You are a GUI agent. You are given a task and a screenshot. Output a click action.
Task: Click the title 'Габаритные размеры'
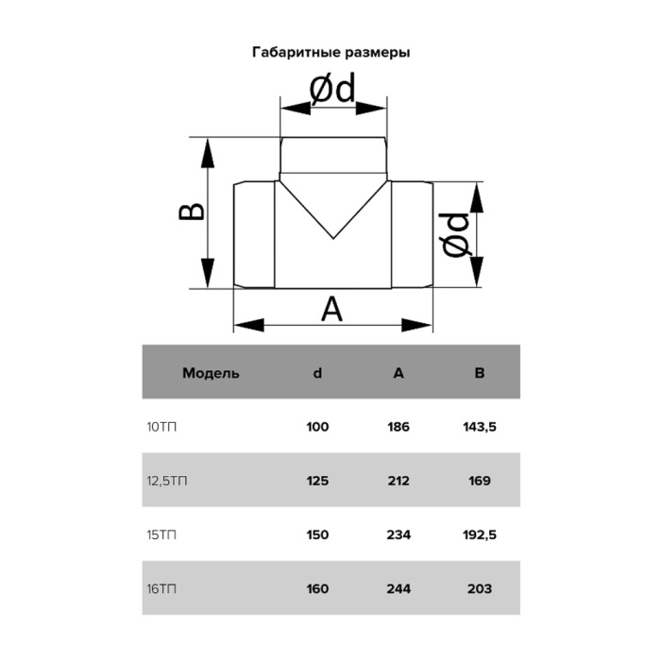coord(330,53)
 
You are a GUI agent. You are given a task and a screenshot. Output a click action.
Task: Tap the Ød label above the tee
coord(332,89)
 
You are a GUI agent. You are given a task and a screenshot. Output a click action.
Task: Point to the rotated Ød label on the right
coord(456,235)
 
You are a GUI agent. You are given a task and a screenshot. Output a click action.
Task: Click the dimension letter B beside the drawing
coord(192,212)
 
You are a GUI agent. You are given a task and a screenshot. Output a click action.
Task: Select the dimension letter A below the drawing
coord(332,309)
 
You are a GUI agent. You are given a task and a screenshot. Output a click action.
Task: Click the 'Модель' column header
coord(211,373)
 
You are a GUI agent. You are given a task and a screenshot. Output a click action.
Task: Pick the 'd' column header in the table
coord(317,373)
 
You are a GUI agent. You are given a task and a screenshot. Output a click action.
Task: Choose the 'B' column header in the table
coord(480,373)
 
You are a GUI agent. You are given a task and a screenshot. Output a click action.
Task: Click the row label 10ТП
coord(161,427)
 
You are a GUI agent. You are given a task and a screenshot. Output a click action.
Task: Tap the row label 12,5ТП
coord(167,481)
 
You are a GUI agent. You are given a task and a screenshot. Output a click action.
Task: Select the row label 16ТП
coord(161,589)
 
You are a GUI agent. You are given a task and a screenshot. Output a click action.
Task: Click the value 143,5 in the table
coord(480,427)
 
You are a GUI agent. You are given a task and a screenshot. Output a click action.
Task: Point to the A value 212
coord(398,481)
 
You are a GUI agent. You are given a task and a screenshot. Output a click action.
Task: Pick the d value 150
coord(317,535)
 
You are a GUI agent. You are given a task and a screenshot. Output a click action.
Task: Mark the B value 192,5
coord(480,535)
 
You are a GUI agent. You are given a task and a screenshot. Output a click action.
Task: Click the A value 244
coord(398,589)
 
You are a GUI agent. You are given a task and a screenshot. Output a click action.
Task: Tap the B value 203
coord(480,589)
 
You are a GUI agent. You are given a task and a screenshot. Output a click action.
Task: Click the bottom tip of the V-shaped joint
coord(333,239)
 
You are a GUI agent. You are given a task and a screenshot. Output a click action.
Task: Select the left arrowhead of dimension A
coord(248,325)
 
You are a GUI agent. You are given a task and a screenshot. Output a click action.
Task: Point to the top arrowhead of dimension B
coord(208,153)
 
